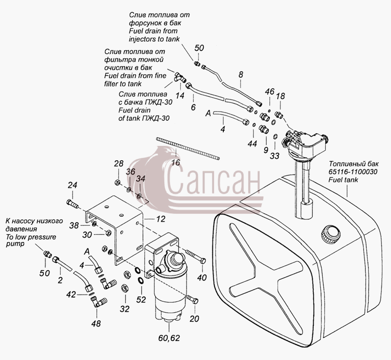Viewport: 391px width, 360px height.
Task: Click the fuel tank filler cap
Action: click(x=331, y=234)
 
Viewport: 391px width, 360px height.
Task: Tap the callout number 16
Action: click(x=176, y=162)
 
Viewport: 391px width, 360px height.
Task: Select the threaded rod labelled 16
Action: click(x=188, y=149)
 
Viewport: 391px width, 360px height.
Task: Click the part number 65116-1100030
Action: click(x=353, y=172)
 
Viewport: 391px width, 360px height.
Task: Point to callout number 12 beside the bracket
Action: click(x=161, y=219)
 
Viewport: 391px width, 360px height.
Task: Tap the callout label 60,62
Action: click(x=169, y=338)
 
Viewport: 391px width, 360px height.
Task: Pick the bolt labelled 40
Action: click(x=195, y=257)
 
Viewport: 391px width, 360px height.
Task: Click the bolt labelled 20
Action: click(x=192, y=299)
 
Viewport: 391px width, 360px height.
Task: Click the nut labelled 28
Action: click(x=117, y=182)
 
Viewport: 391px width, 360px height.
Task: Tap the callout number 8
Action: click(x=240, y=75)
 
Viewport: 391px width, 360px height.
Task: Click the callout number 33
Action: click(x=274, y=156)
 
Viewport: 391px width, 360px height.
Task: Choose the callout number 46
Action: click(x=269, y=92)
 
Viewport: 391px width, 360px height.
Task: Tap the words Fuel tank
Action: click(x=343, y=180)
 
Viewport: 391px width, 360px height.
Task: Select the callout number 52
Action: click(x=141, y=299)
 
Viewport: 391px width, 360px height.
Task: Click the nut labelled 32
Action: click(x=124, y=288)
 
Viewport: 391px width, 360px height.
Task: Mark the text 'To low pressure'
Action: click(x=31, y=237)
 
